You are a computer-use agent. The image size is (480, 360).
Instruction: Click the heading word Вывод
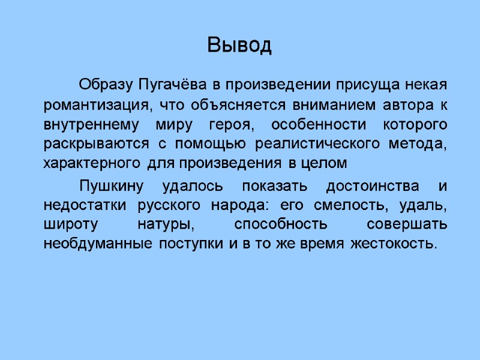pos(239,45)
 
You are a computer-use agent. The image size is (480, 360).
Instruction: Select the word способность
pos(281,225)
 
